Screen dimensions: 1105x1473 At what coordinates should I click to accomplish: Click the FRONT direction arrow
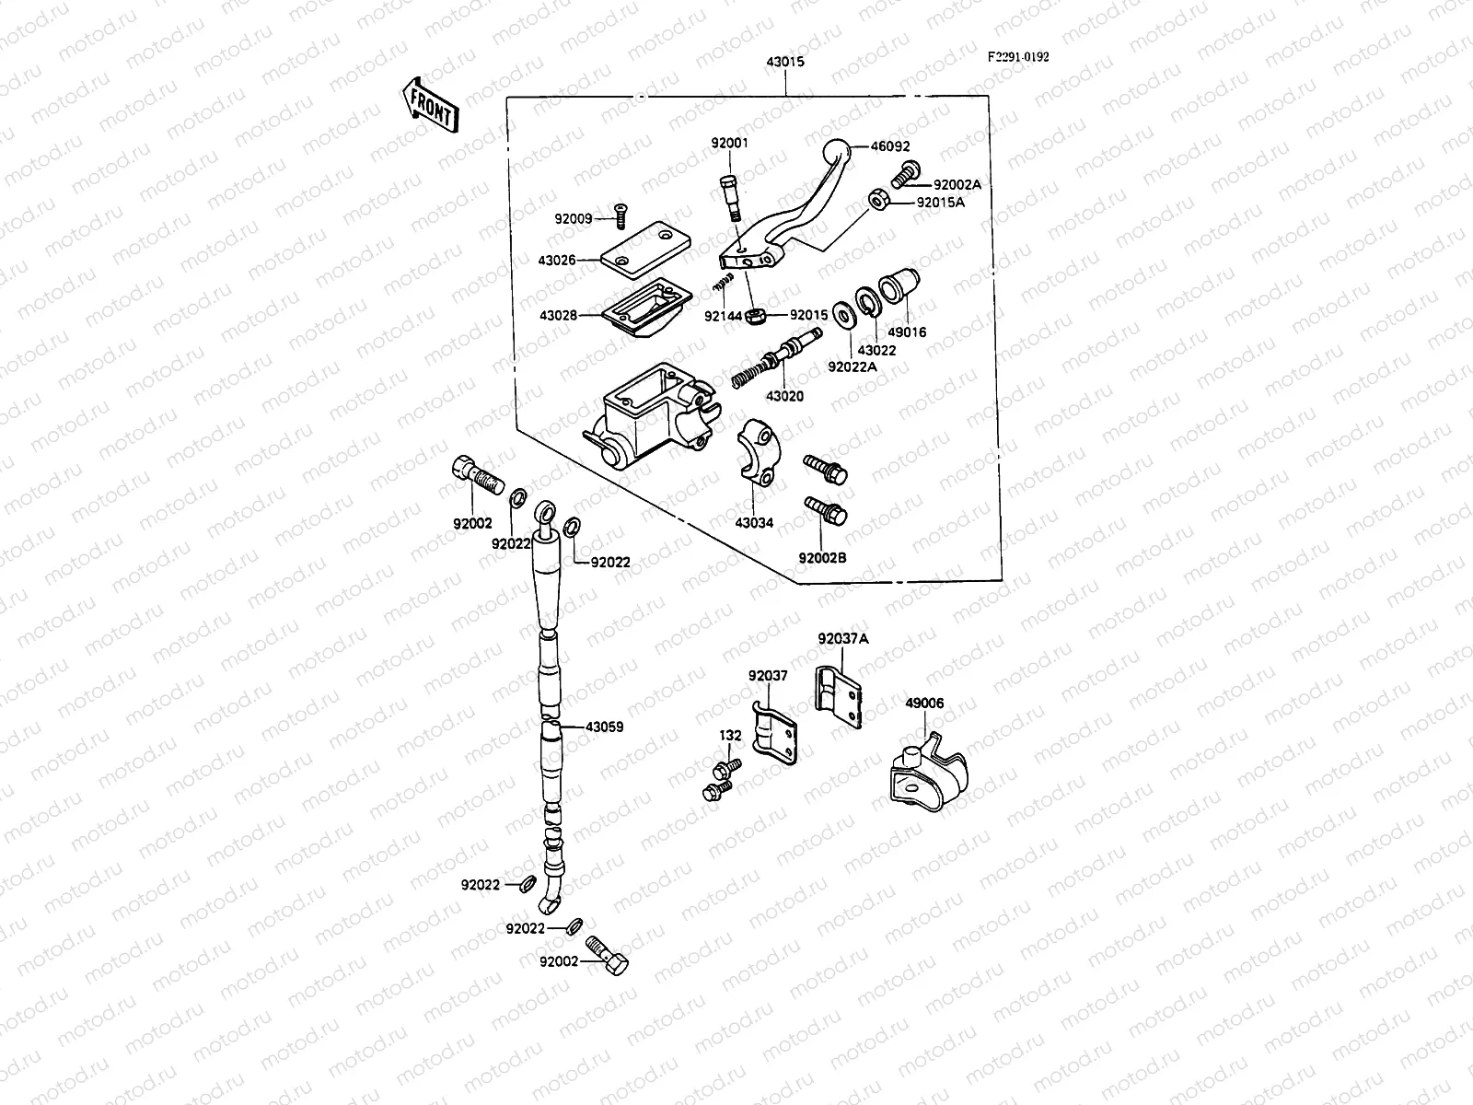coord(430,105)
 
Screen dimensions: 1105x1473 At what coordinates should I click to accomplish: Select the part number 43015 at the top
coord(784,62)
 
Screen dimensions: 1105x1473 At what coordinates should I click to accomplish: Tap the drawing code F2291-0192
coord(1018,56)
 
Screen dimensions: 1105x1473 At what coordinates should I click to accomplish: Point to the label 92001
coord(729,143)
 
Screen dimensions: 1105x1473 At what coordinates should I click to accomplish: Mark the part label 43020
coord(784,396)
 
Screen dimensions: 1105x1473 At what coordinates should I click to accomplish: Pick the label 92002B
coord(822,558)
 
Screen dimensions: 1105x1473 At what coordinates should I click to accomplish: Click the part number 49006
coord(924,704)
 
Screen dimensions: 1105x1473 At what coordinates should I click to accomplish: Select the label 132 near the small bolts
coord(730,736)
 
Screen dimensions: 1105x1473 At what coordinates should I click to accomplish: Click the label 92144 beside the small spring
coord(723,315)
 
